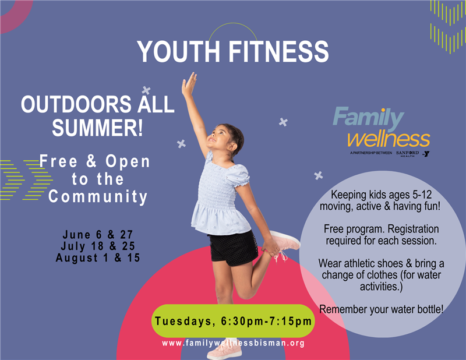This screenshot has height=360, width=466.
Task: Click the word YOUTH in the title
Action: click(x=178, y=51)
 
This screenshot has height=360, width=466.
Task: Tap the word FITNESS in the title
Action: click(x=278, y=51)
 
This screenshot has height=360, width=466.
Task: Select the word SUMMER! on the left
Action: click(x=97, y=128)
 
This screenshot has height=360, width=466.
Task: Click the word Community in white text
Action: click(x=98, y=197)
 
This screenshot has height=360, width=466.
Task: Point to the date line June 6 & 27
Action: click(x=98, y=235)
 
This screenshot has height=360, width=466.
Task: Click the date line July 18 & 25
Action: click(x=98, y=246)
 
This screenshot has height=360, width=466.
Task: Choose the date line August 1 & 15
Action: click(x=98, y=257)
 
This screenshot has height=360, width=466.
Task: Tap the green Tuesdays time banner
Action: click(x=233, y=321)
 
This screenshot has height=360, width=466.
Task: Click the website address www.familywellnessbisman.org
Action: click(x=234, y=343)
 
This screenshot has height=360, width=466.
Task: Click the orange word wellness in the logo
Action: click(x=389, y=139)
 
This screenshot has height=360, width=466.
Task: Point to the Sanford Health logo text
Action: click(x=407, y=153)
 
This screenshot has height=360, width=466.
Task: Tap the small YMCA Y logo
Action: click(x=426, y=154)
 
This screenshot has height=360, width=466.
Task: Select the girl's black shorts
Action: click(x=234, y=248)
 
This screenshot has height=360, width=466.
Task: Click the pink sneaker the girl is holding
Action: click(x=285, y=240)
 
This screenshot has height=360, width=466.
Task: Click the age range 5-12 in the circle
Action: click(x=422, y=195)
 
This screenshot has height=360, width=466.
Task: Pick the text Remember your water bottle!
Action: click(x=382, y=309)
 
